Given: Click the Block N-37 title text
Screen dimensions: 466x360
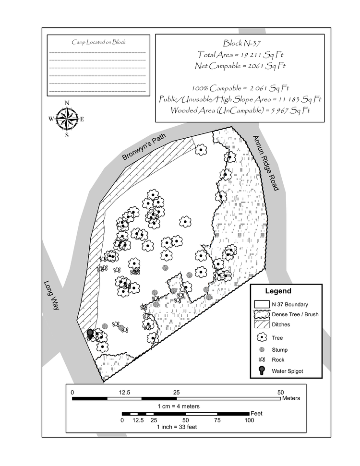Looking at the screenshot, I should point(240,43).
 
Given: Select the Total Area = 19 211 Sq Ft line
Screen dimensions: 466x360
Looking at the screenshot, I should point(240,55).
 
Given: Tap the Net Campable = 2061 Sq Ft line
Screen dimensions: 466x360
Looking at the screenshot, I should point(240,66).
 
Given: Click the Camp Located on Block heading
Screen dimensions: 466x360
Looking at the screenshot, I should point(98,42).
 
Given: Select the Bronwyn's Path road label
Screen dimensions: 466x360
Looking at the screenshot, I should point(144,147).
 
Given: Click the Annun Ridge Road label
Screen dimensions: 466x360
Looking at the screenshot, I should point(266,163).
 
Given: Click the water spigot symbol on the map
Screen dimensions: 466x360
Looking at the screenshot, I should point(90,334).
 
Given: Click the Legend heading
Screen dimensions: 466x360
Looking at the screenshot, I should point(278,291).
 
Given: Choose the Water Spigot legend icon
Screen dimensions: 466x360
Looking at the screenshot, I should point(261,371).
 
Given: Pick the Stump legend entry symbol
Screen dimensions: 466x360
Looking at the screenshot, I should point(261,349).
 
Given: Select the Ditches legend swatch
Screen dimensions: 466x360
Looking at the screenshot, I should point(261,325).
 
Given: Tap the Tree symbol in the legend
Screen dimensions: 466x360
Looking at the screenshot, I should point(261,337).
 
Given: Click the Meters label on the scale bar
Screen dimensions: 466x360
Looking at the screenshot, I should point(291,398).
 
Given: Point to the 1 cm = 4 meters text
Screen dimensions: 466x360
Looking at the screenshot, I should point(178,406).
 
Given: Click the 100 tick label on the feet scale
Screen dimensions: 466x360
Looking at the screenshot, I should point(249,420).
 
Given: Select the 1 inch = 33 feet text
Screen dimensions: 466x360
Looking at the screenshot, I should point(178,427).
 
